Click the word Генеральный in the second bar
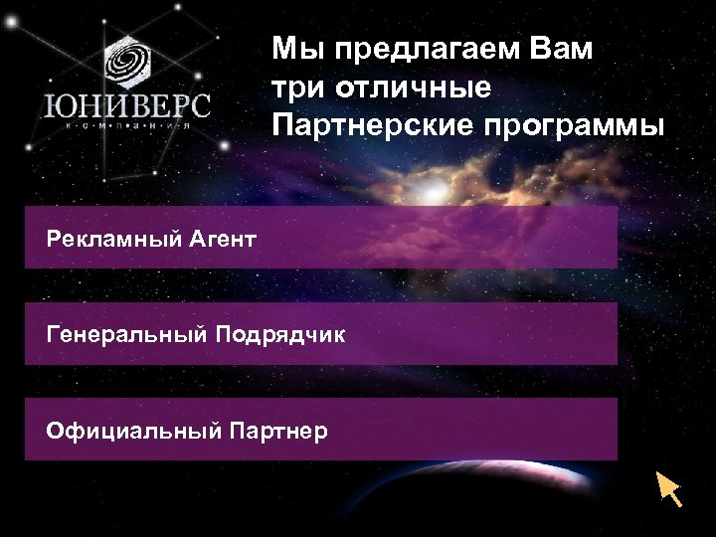(122, 335)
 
